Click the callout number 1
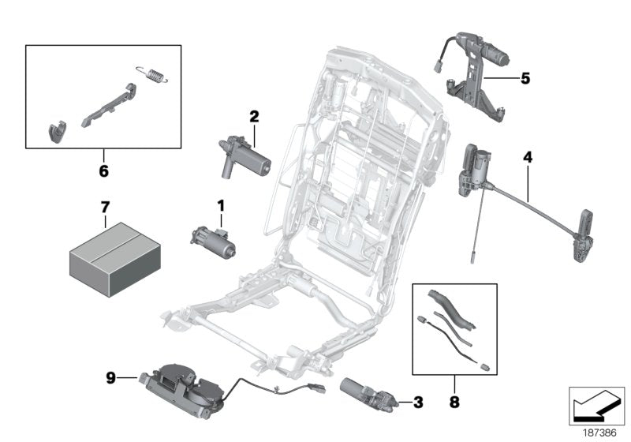click(221, 206)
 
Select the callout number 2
click(254, 117)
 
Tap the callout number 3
click(418, 403)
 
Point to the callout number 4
click(527, 158)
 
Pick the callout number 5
click(525, 78)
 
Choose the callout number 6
click(103, 170)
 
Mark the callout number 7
click(104, 207)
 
